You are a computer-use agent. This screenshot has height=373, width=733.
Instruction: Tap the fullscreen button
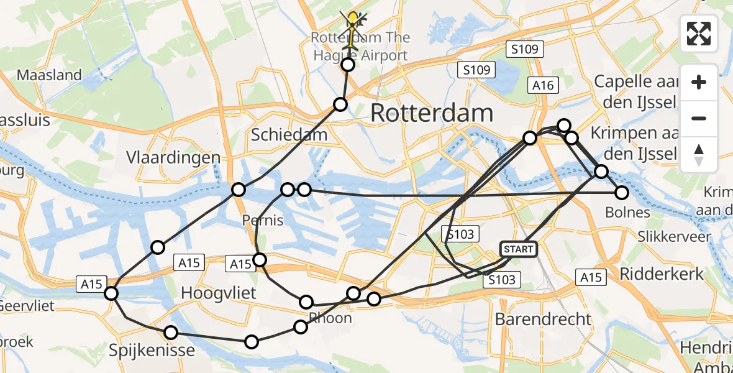click(x=699, y=34)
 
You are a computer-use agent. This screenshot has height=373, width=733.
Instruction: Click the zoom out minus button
click(x=699, y=118)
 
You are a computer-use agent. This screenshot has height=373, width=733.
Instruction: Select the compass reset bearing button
click(x=699, y=155)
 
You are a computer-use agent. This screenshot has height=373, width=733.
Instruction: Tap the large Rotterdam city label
click(x=432, y=113)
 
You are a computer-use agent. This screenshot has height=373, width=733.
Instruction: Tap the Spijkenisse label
click(x=152, y=350)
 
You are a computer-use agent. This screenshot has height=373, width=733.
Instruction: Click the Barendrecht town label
click(x=543, y=319)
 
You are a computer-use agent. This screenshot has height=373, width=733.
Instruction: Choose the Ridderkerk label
click(x=662, y=274)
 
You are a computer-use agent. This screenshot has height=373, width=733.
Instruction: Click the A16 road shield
click(x=542, y=85)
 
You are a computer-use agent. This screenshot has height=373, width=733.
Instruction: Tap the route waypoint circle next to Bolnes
click(x=622, y=193)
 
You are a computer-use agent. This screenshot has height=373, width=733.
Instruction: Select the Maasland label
click(x=49, y=75)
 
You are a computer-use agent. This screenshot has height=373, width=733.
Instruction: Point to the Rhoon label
click(x=331, y=318)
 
